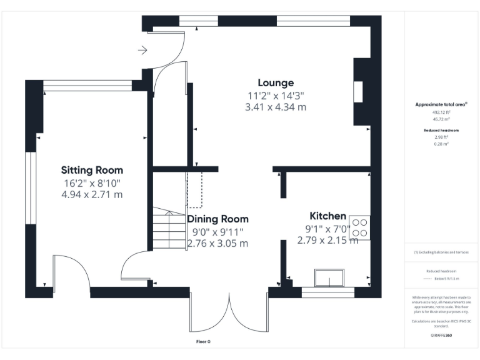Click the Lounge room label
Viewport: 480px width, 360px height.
point(276,82)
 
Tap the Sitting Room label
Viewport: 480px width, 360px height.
point(92,170)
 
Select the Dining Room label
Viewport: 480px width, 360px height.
point(218,219)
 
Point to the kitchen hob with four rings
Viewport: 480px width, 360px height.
point(360,227)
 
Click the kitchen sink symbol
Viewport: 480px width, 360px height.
point(330,277)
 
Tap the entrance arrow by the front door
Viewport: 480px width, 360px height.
point(142,50)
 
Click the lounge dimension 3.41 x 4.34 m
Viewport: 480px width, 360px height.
point(276,107)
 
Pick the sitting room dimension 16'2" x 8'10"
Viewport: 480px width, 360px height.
point(92,183)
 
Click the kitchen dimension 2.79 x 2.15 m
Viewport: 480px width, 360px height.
point(327,240)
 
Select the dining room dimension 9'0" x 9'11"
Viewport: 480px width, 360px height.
point(218,231)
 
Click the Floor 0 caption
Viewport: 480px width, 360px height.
point(203,342)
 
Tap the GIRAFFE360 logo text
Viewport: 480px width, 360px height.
point(441,336)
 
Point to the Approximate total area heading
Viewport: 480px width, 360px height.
point(441,104)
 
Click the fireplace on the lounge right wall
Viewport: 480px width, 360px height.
point(359,92)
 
